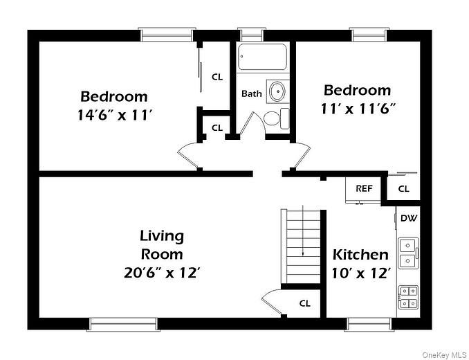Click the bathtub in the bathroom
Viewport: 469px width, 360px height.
coord(262,57)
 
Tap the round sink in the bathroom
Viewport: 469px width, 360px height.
coord(277,91)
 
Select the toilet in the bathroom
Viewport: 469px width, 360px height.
coord(274,118)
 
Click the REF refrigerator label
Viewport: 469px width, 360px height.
coord(364,188)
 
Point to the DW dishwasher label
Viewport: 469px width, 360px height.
coord(408,219)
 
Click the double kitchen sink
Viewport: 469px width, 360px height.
coord(408,253)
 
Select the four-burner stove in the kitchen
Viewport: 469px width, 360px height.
coord(408,296)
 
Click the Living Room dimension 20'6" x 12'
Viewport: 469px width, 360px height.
coord(162,272)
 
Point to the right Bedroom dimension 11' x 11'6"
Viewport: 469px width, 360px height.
coord(357,109)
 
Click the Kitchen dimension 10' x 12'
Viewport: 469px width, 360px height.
coord(360,273)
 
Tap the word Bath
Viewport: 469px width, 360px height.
coord(251,93)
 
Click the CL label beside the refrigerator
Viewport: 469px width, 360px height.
coord(403,188)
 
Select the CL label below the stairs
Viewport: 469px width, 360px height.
coord(304,303)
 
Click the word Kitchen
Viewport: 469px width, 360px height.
coord(360,255)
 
